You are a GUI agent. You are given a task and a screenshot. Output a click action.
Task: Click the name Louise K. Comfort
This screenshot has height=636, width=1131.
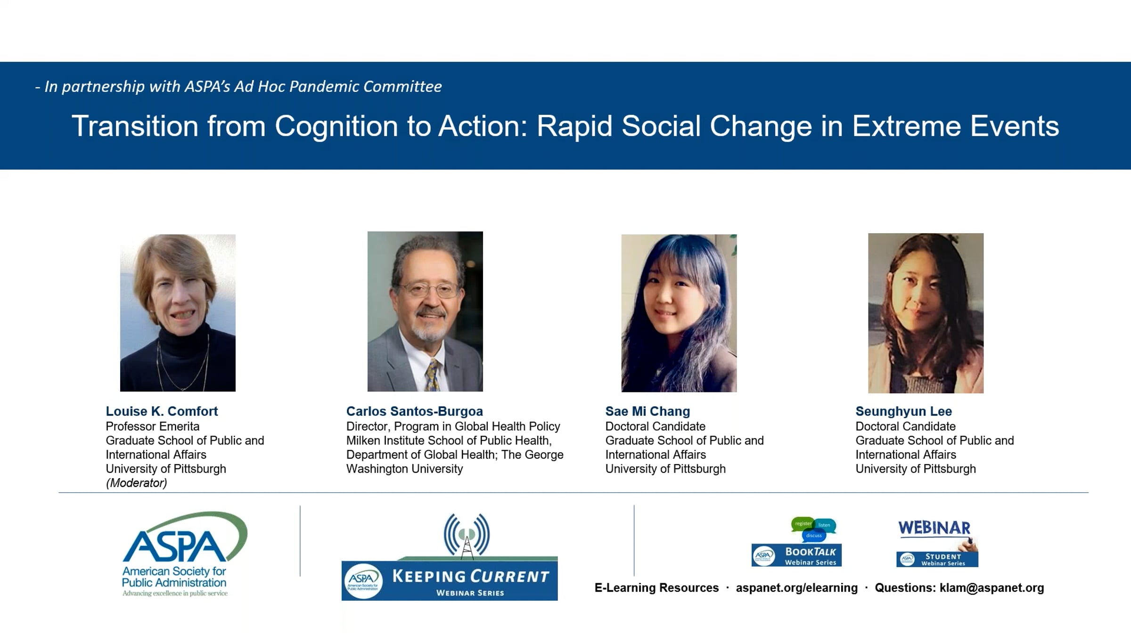[x=162, y=411]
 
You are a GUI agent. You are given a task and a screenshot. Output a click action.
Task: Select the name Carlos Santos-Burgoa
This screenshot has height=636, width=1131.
[x=415, y=411]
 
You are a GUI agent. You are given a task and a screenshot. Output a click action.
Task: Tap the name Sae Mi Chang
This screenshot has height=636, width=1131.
[x=647, y=411]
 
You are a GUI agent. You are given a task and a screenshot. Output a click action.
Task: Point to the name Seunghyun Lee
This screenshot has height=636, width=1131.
[x=904, y=411]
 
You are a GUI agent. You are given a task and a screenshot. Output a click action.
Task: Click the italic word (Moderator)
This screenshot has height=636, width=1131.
[x=136, y=483]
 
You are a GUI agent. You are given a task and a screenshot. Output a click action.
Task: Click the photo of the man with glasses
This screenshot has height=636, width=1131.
[x=425, y=311]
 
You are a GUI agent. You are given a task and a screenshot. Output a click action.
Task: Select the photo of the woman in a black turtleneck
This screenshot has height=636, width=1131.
[x=178, y=313]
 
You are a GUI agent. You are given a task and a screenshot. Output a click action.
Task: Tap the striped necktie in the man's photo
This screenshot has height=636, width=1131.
[x=433, y=375]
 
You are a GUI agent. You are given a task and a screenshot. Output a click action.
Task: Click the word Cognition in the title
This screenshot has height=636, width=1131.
[x=336, y=126]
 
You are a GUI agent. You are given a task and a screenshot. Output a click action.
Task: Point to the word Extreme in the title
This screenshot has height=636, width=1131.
[x=906, y=126]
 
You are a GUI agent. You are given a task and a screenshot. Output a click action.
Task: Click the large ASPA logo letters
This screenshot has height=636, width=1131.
[x=174, y=546]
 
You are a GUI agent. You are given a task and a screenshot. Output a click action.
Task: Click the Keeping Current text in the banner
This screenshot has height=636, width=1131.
[x=470, y=576]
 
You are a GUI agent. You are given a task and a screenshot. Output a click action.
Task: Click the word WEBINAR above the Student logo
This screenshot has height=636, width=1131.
[x=934, y=528]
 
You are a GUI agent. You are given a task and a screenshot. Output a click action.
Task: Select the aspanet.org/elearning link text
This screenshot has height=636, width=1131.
[x=797, y=588]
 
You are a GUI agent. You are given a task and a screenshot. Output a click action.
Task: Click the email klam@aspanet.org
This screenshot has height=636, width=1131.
[x=992, y=588]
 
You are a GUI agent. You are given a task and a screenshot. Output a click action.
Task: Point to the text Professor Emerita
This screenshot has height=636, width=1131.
[x=153, y=426]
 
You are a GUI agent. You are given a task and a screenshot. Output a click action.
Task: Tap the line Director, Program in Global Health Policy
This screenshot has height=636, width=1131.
[x=453, y=426]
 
